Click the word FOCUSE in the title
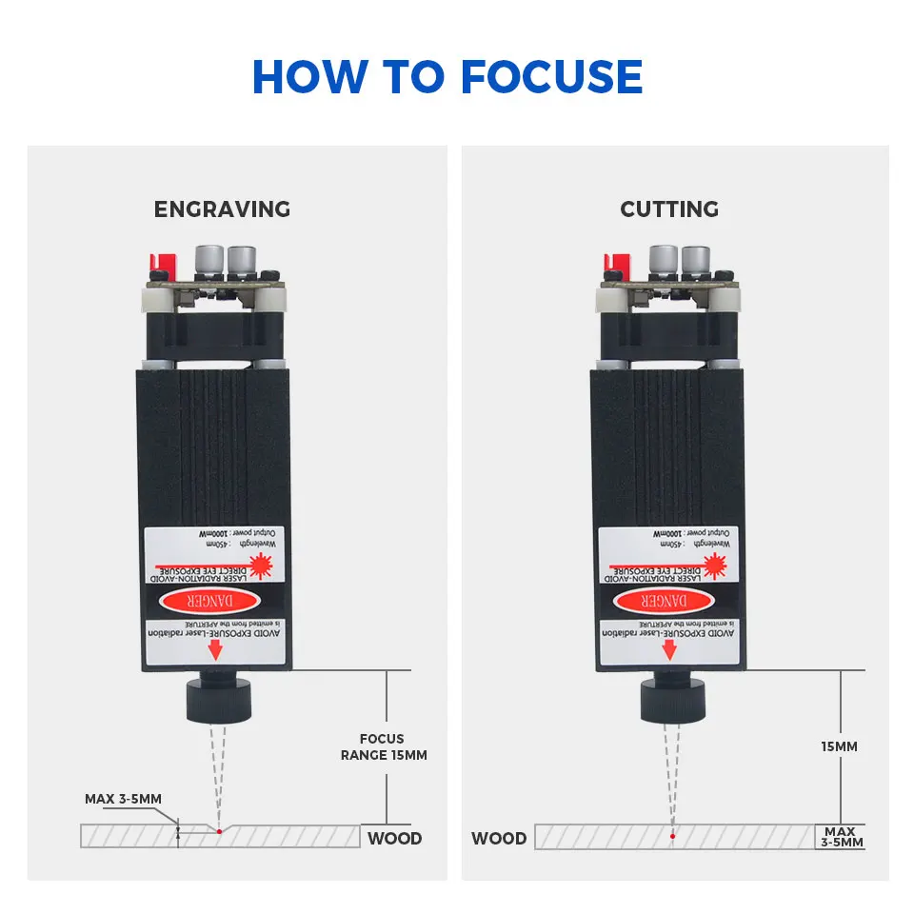tap(552, 77)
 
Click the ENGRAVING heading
tap(222, 209)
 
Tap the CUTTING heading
tap(669, 209)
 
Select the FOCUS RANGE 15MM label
tap(383, 746)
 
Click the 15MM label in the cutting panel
tap(839, 746)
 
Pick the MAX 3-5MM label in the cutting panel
tap(841, 837)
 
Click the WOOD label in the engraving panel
tap(394, 839)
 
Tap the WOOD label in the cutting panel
tap(499, 839)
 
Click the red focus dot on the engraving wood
tap(218, 831)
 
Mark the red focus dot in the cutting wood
tap(672, 836)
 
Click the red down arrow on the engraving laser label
tap(215, 650)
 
